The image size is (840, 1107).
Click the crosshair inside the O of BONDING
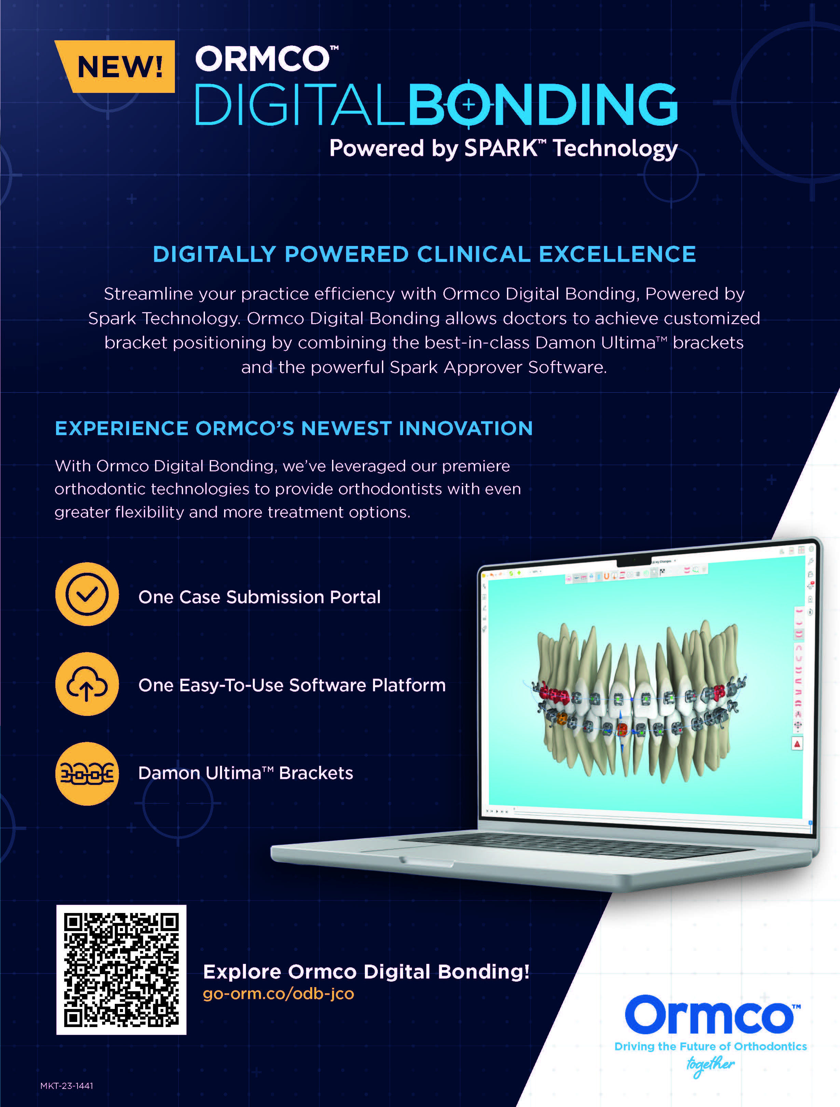[x=469, y=105]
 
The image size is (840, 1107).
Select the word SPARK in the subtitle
[x=501, y=148]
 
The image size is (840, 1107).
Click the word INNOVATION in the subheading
[x=466, y=428]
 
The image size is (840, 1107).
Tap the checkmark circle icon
[x=87, y=594]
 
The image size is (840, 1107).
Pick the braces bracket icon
[x=87, y=774]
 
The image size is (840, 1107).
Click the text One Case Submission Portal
[x=259, y=597]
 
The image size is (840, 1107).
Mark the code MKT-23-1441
[x=67, y=1085]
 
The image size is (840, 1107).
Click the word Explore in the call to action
[x=242, y=972]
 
